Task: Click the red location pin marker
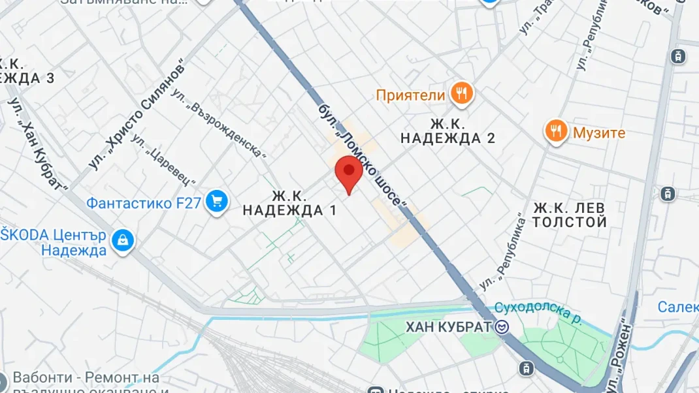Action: pyautogui.click(x=349, y=172)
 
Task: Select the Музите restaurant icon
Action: pyautogui.click(x=555, y=132)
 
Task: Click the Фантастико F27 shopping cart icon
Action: pyautogui.click(x=216, y=202)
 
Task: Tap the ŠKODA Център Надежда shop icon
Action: pyautogui.click(x=122, y=241)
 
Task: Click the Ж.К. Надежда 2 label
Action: pyautogui.click(x=447, y=131)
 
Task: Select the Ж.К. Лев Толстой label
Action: pyautogui.click(x=570, y=215)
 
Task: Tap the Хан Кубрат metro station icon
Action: pyautogui.click(x=502, y=327)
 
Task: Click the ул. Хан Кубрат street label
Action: pyautogui.click(x=38, y=145)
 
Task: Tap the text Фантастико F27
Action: pyautogui.click(x=144, y=203)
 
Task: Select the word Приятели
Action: pyautogui.click(x=410, y=95)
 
